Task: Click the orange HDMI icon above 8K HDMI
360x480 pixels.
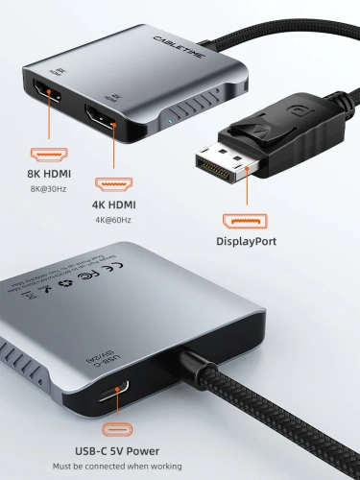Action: tap(48, 154)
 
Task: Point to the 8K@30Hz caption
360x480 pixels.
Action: tap(48, 189)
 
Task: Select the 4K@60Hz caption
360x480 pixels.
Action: tap(112, 220)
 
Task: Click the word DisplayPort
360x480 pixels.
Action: tap(247, 242)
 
